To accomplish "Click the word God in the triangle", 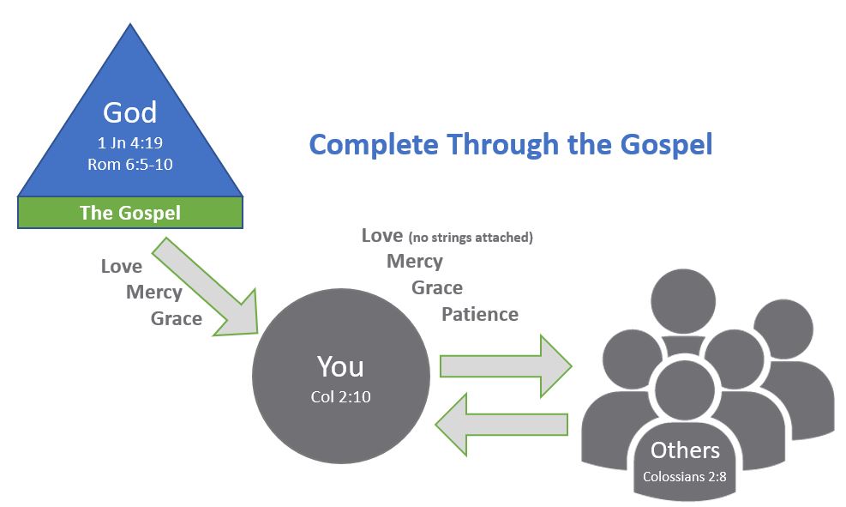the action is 130,112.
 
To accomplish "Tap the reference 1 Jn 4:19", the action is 130,142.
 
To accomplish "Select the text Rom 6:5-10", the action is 130,164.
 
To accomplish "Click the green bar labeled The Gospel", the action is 130,212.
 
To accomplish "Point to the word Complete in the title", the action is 374,145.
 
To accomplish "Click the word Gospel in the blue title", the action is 666,145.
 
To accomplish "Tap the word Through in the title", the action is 502,145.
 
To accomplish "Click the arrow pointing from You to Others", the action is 506,366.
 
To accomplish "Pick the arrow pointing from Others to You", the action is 501,425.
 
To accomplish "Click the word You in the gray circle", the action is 340,366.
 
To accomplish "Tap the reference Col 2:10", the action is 340,397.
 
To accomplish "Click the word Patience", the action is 480,314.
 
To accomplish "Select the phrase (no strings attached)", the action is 471,237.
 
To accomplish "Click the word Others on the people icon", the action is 685,450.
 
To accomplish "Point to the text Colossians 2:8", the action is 685,477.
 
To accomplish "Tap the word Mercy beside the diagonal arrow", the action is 153,293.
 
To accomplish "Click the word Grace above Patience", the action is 437,287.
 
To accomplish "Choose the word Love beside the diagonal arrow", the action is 122,266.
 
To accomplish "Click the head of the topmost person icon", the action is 683,301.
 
